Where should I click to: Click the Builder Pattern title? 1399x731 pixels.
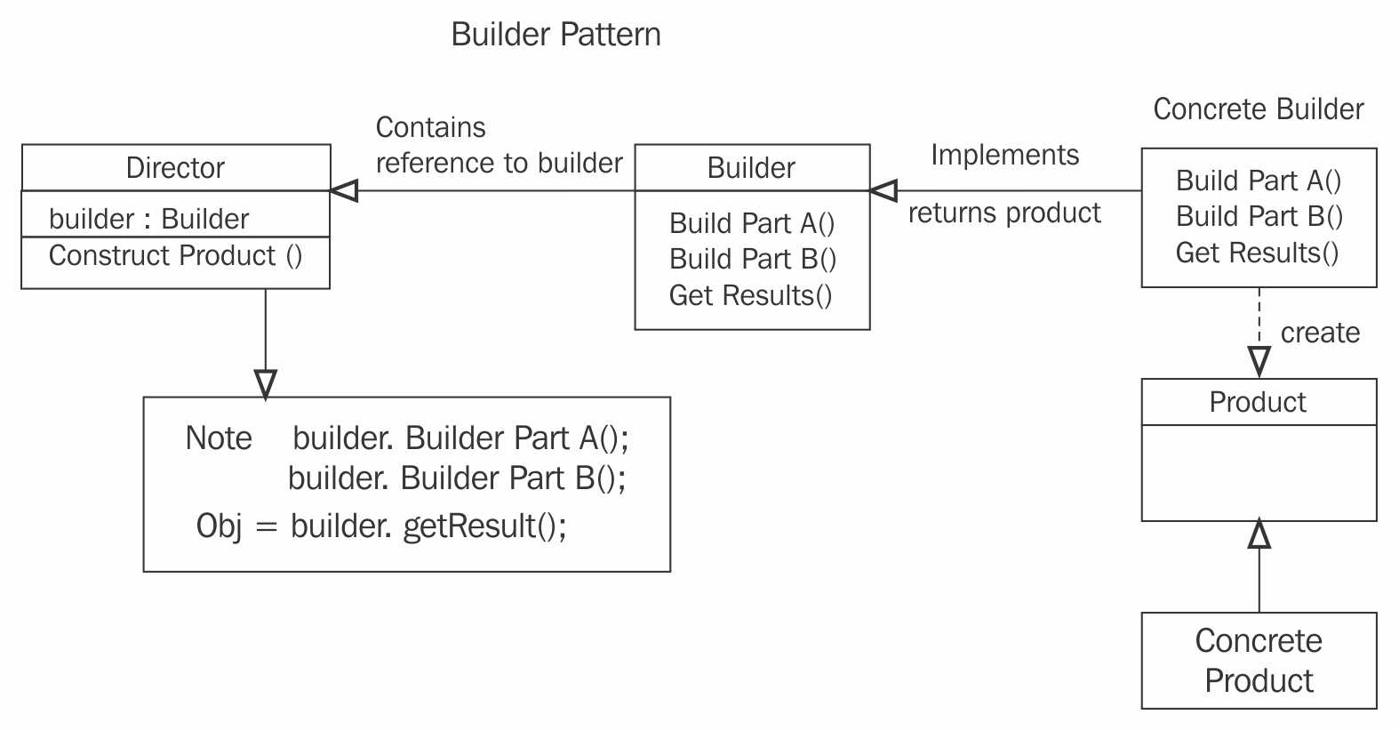556,35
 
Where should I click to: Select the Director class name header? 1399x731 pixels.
175,168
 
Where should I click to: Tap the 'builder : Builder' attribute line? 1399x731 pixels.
148,219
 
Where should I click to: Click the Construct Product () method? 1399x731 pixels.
175,256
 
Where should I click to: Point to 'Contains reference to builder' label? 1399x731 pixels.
499,145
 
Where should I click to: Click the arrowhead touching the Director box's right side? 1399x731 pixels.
344,189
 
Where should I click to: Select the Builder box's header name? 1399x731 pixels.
751,168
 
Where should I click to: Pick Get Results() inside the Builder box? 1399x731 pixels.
750,295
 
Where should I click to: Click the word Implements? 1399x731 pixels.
1004,155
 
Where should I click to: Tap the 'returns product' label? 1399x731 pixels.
1004,213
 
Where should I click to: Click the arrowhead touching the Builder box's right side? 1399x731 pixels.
883,189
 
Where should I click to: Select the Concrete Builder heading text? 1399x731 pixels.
1258,109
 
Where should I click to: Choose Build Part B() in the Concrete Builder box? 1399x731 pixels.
1259,216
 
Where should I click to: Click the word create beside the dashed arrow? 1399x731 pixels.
1320,333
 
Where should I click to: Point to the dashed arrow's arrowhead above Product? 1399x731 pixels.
1259,361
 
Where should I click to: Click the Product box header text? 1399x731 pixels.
1258,402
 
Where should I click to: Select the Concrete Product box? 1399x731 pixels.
1258,660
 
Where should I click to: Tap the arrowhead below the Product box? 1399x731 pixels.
1259,534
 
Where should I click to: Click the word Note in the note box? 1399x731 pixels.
219,438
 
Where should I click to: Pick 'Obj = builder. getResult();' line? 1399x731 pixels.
381,526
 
